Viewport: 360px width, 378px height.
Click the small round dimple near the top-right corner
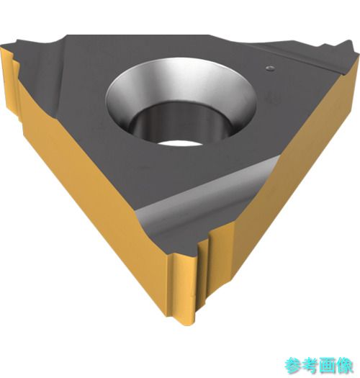[x=270, y=68]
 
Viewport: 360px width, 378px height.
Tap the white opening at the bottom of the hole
[x=180, y=143]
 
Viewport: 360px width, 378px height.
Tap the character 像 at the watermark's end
[x=344, y=366]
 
